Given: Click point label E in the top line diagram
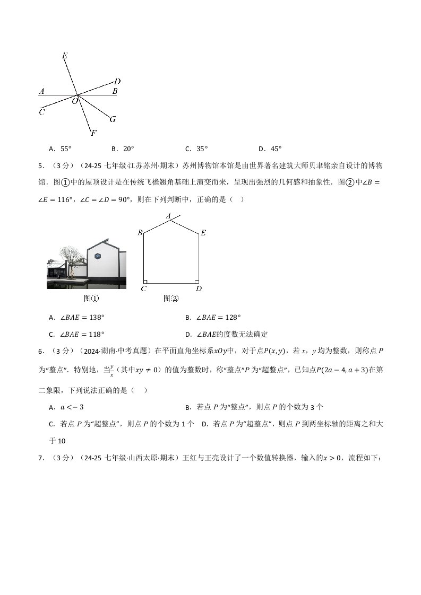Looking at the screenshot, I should click(x=64, y=55).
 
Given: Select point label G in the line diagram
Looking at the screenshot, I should click(x=113, y=119).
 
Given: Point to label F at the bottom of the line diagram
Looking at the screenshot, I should click(x=93, y=133).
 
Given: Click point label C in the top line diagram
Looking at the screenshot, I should click(x=41, y=111).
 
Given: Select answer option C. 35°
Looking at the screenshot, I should click(x=196, y=149).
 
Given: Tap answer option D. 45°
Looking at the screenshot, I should click(x=270, y=149).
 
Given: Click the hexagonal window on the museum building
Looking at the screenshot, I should click(x=98, y=256).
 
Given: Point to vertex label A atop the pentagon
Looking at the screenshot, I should click(x=168, y=216).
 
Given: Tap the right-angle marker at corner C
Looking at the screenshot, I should click(x=145, y=281).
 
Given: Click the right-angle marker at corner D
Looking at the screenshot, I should click(x=196, y=281).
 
